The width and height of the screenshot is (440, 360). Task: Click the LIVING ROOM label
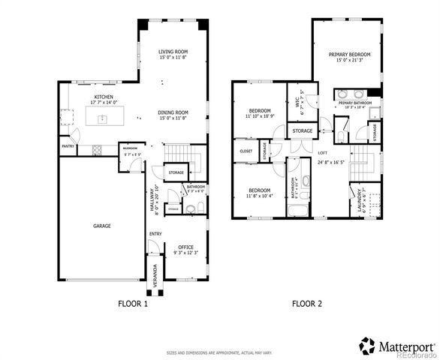(173, 51)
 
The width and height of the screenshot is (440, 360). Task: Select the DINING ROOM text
(173, 112)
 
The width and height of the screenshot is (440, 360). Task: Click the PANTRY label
(67, 146)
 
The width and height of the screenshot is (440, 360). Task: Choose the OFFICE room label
(185, 247)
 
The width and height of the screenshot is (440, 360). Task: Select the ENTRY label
(155, 234)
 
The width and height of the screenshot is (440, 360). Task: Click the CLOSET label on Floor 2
(246, 151)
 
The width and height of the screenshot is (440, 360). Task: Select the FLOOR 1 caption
(134, 304)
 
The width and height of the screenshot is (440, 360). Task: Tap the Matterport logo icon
(367, 346)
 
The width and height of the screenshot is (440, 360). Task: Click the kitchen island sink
(102, 118)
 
